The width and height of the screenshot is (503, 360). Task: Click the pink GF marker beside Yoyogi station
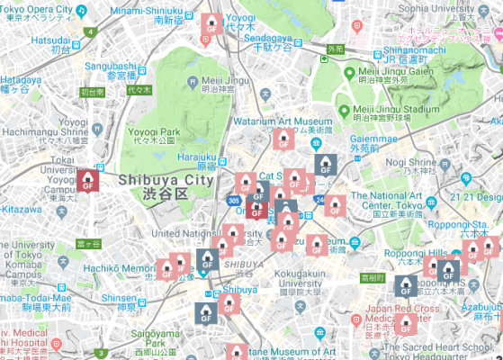point(211,25)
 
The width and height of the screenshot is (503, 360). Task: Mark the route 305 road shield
point(234,202)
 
